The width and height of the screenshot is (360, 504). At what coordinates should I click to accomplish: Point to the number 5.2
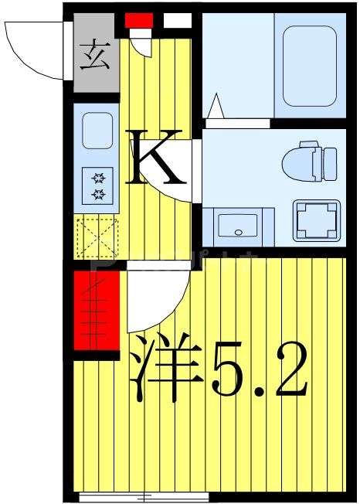point(259,371)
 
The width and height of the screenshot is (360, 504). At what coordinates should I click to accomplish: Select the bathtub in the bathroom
point(309,66)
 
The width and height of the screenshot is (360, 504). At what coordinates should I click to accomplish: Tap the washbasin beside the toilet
point(239,225)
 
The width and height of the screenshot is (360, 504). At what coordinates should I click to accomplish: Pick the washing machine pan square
point(317,220)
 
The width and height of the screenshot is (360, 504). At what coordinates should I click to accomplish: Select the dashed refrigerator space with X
point(97,237)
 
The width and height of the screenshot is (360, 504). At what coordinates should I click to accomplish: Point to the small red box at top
point(140,21)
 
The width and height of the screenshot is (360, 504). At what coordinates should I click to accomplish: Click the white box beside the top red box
point(178,21)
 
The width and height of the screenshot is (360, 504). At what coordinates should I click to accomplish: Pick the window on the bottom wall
point(143,495)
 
